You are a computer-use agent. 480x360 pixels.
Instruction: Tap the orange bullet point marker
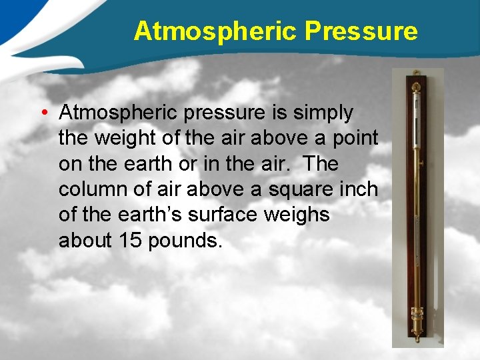[x=42, y=113]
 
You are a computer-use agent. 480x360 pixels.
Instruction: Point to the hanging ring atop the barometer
[x=417, y=85]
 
